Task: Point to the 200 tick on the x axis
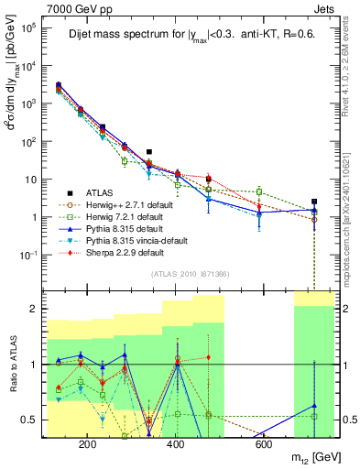tap(88, 444)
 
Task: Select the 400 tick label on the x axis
tap(176, 444)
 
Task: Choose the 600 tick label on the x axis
tap(264, 444)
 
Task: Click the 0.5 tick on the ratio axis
tap(33, 420)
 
